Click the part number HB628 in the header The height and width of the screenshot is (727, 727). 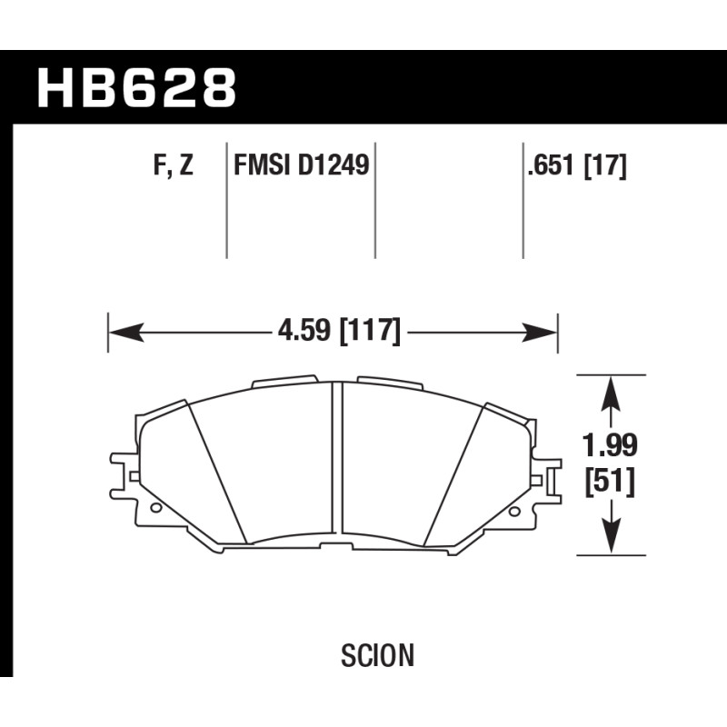(x=137, y=88)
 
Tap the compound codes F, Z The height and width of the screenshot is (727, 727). (x=173, y=165)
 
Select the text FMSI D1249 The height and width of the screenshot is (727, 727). (x=302, y=165)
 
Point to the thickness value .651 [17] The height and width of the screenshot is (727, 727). (x=577, y=165)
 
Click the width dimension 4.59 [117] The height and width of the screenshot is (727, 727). (x=338, y=332)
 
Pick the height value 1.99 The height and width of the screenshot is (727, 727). (x=610, y=445)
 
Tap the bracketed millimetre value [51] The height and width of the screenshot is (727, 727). (x=610, y=482)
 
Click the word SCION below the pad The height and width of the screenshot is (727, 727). (x=377, y=655)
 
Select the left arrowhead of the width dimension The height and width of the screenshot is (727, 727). (x=125, y=333)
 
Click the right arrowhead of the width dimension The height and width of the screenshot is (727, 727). (x=539, y=333)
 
